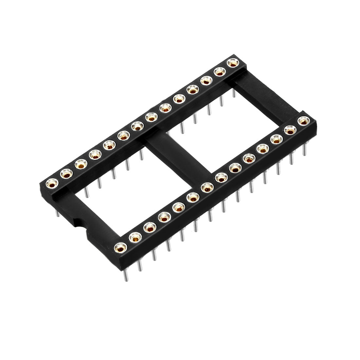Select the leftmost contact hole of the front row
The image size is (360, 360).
pos(121,247)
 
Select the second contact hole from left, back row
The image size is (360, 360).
pos(66,173)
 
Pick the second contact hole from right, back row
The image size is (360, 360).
pos(220,72)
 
